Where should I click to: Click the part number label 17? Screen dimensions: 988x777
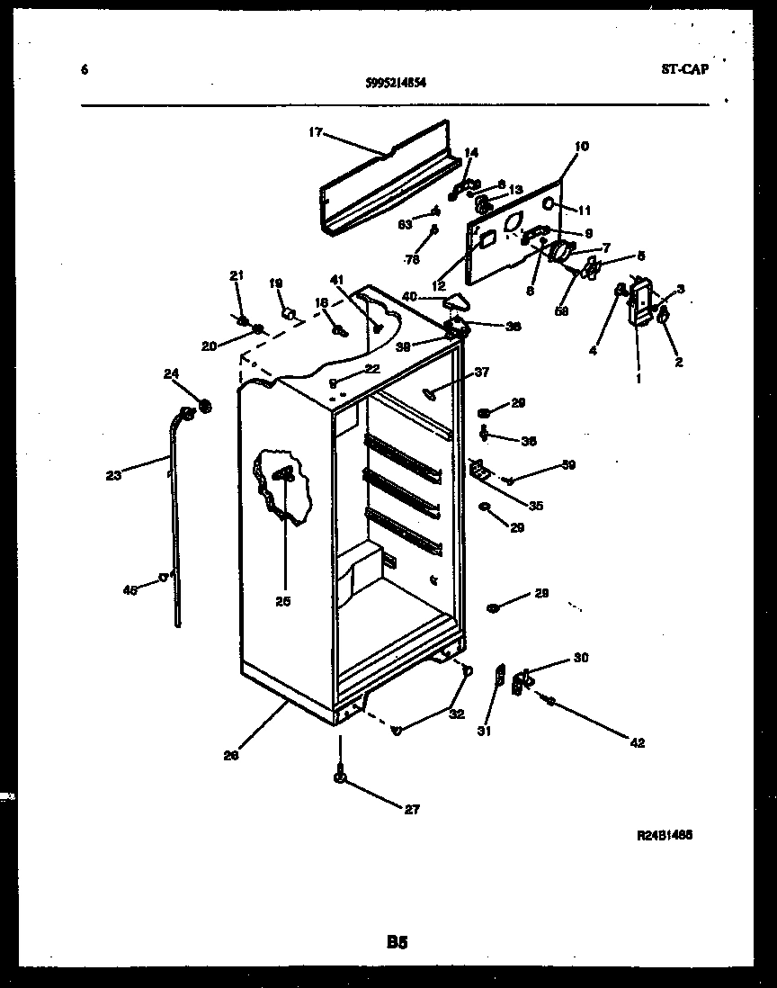pyautogui.click(x=315, y=133)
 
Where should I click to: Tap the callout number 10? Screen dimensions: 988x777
pyautogui.click(x=581, y=146)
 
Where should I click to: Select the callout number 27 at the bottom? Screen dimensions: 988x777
pyautogui.click(x=411, y=809)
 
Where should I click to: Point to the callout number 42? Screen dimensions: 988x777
pyautogui.click(x=638, y=743)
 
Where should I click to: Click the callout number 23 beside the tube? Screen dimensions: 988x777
pyautogui.click(x=113, y=477)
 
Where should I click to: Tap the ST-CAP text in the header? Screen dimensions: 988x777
pyautogui.click(x=683, y=68)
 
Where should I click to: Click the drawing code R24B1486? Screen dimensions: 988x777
pyautogui.click(x=664, y=835)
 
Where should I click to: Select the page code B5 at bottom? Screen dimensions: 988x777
pyautogui.click(x=397, y=943)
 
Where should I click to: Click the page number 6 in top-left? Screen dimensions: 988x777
pyautogui.click(x=84, y=69)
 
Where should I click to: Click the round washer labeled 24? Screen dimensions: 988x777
pyautogui.click(x=205, y=406)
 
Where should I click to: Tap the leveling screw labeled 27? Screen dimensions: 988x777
pyautogui.click(x=341, y=775)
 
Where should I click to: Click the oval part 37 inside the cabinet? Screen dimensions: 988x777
pyautogui.click(x=429, y=391)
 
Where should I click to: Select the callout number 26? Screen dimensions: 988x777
pyautogui.click(x=231, y=756)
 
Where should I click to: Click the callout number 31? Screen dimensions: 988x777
pyautogui.click(x=484, y=732)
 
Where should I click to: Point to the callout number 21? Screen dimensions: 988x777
pyautogui.click(x=236, y=275)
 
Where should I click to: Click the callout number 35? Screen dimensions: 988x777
pyautogui.click(x=535, y=506)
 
